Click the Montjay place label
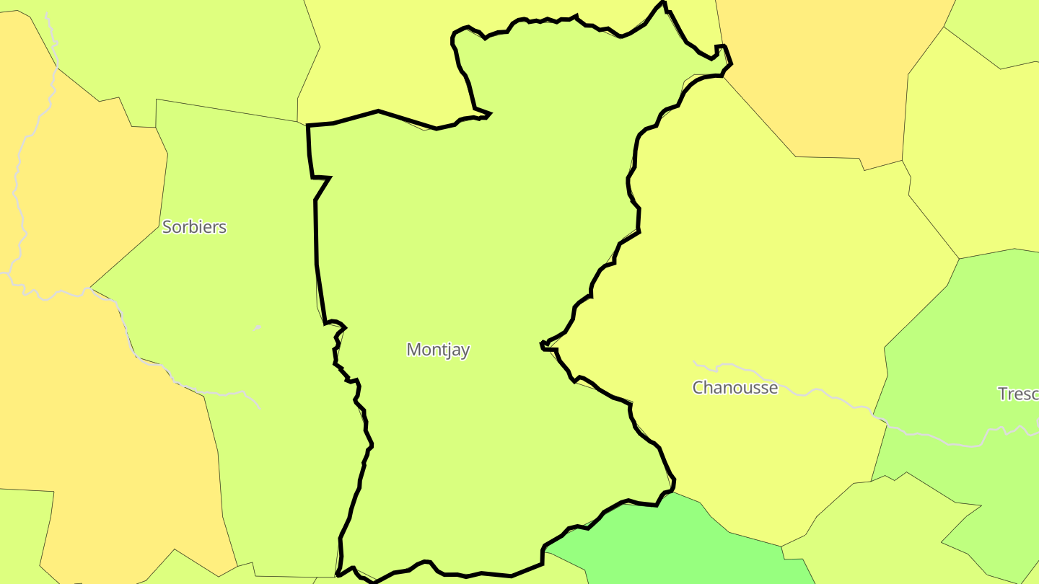click(438, 350)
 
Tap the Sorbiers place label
click(194, 227)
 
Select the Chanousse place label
click(735, 388)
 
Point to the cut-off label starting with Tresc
click(1018, 394)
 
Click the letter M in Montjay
click(413, 350)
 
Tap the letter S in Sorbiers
click(167, 227)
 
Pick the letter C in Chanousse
click(698, 388)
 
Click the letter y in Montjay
click(465, 352)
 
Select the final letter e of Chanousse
click(773, 389)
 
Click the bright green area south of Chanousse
click(671, 541)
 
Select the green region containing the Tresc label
click(960, 346)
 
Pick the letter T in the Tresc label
click(1002, 394)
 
